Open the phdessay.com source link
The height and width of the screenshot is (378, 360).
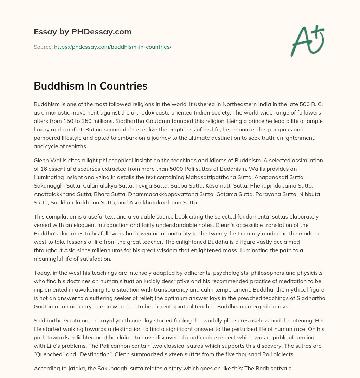tap(112, 47)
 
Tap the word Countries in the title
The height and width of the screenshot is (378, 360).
tap(120, 86)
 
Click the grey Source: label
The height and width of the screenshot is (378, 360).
tap(43, 47)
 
